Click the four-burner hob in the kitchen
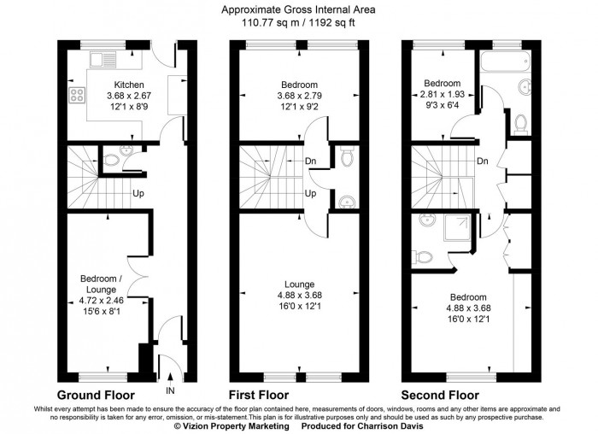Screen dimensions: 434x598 click(76, 96)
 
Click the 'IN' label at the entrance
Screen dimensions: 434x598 click(171, 390)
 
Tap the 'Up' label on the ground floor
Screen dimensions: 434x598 click(137, 193)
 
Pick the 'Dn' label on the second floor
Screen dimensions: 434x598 click(483, 161)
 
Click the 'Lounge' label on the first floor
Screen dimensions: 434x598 click(298, 284)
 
